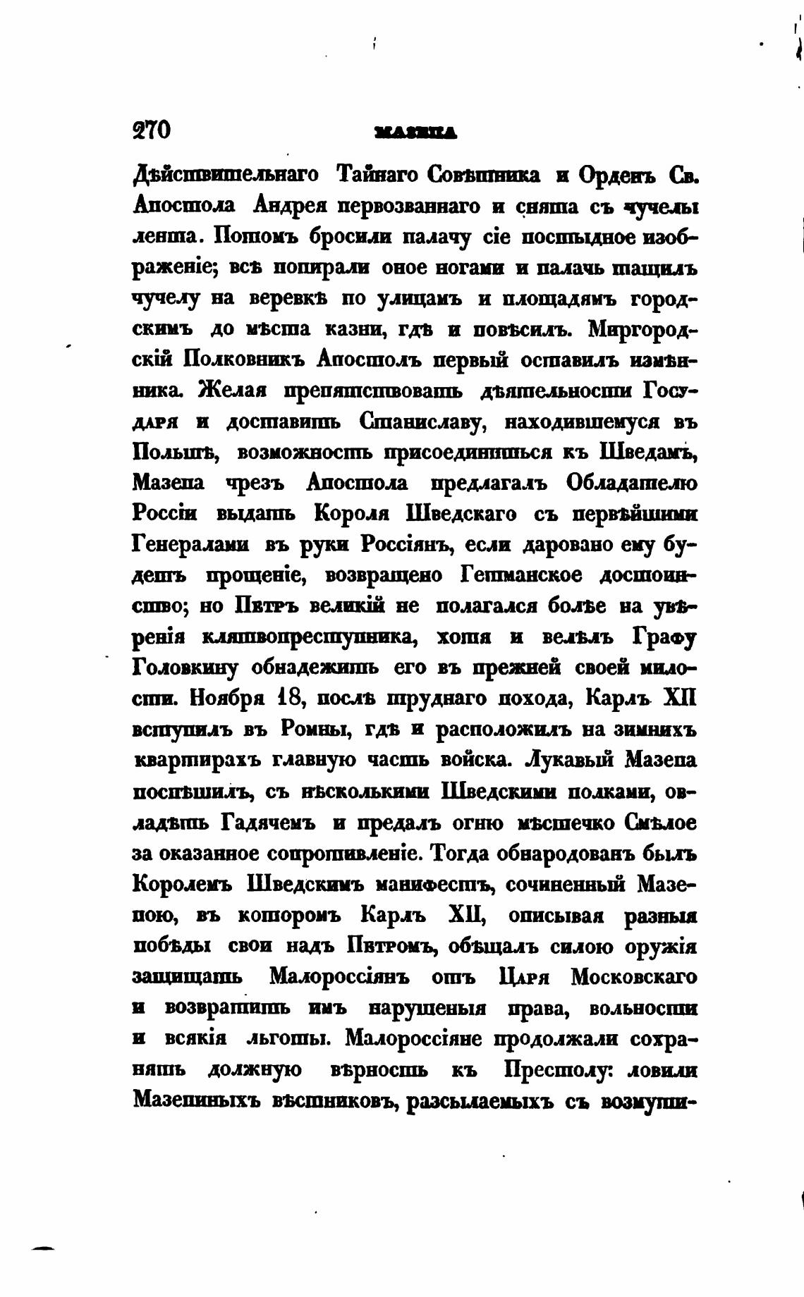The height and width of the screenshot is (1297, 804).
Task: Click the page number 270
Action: pyautogui.click(x=152, y=130)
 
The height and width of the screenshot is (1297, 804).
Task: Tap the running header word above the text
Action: pyautogui.click(x=416, y=131)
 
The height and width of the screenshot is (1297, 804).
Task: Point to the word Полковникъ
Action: pyautogui.click(x=243, y=359)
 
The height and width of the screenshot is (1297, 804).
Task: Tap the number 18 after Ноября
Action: pyautogui.click(x=290, y=698)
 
